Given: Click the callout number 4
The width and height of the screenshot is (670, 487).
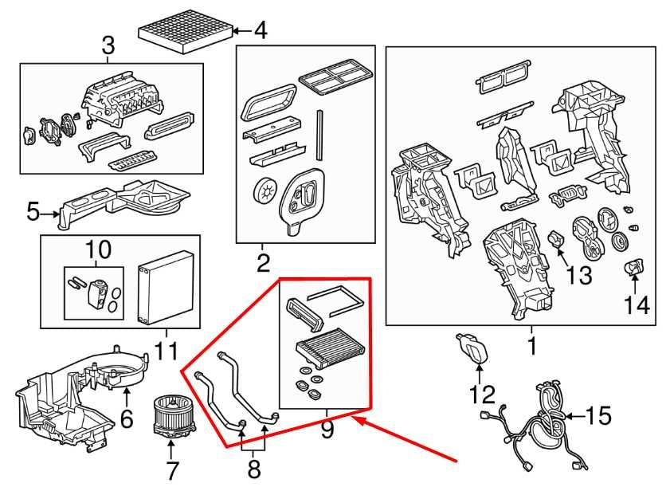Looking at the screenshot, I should [260, 33].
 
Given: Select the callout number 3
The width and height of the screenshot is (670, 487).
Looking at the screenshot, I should [109, 48].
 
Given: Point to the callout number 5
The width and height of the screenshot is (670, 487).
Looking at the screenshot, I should [33, 212].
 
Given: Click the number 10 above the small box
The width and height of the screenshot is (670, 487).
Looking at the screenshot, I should [96, 249].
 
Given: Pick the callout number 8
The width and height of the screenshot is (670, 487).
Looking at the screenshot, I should [254, 469].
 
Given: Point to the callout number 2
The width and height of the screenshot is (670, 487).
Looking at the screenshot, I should [264, 261].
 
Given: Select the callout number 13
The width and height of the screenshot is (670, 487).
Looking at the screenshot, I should [579, 275].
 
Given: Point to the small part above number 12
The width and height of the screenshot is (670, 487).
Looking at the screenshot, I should [472, 348].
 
